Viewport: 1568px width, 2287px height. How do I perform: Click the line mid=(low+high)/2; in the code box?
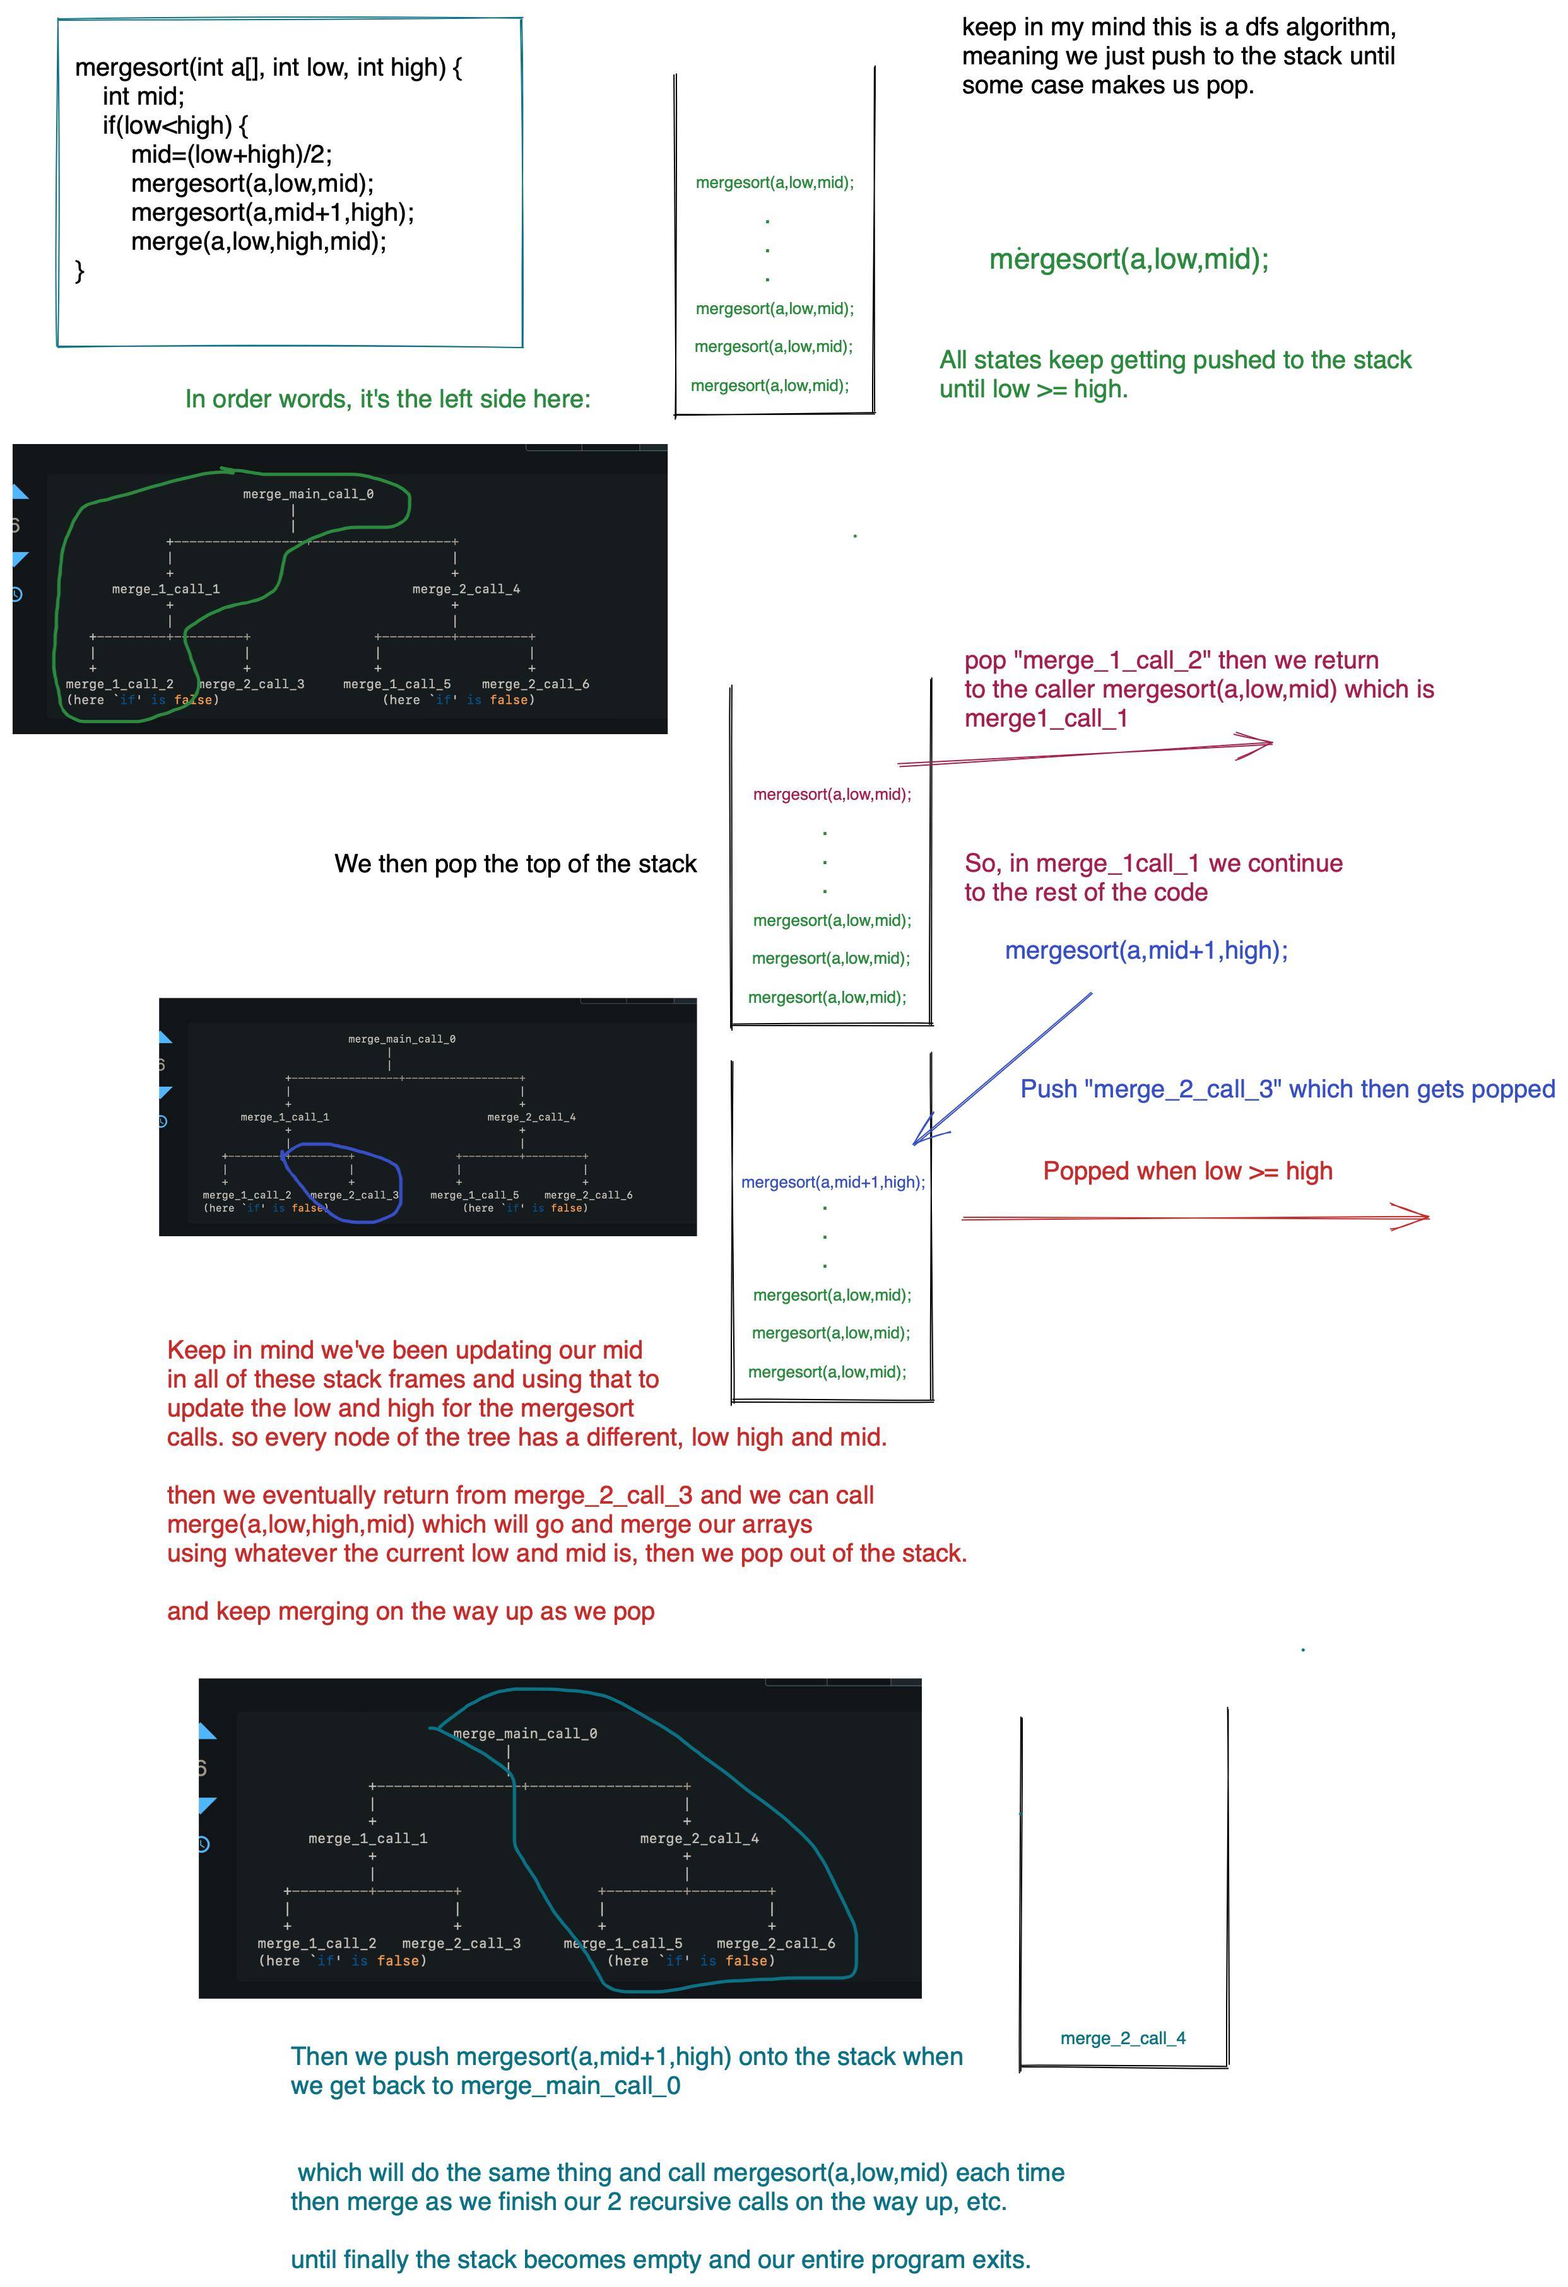click(232, 155)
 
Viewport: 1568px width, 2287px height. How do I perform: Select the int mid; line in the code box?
click(144, 97)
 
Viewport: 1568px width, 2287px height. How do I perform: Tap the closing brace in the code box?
click(80, 271)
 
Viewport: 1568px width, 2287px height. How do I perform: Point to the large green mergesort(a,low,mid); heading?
click(1129, 260)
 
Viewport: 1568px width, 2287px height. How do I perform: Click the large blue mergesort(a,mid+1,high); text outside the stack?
click(1146, 950)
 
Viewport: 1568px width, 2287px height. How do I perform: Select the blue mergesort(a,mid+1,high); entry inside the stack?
click(833, 1182)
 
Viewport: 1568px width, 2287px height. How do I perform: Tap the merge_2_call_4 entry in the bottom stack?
click(1123, 2038)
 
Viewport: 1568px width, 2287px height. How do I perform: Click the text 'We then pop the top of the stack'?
click(515, 864)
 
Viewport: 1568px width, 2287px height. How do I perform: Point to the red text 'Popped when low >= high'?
click(1187, 1171)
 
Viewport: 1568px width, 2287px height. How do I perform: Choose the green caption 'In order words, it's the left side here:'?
click(388, 399)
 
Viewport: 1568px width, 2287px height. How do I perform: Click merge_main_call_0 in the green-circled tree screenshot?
click(308, 494)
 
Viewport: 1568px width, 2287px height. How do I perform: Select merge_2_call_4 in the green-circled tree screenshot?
click(466, 590)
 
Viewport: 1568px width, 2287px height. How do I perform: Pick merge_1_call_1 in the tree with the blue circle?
click(285, 1117)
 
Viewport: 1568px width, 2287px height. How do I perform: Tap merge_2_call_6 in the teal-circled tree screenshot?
click(775, 1943)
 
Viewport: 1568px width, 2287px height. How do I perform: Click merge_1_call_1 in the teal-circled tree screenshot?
click(367, 1839)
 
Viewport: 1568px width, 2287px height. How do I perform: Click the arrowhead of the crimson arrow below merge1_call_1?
click(1266, 743)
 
